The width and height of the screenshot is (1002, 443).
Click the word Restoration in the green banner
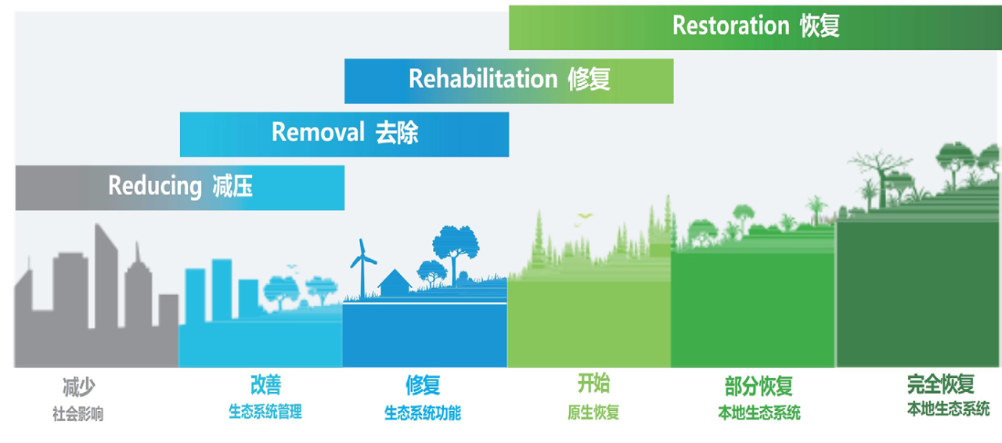[731, 26]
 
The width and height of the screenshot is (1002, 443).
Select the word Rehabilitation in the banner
[483, 79]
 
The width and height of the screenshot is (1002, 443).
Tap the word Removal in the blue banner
[318, 132]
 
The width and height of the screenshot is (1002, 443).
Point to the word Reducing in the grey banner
[155, 186]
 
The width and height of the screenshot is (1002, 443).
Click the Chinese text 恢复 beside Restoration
[820, 26]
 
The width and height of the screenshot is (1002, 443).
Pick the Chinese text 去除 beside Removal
[397, 133]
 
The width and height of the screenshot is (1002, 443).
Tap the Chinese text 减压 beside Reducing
[232, 186]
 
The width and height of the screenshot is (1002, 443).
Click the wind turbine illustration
[362, 268]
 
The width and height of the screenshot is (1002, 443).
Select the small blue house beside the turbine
[395, 283]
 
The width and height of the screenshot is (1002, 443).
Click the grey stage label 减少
[79, 387]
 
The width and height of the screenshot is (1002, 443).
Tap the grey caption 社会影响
[77, 414]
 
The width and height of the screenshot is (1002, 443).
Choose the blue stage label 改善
[265, 385]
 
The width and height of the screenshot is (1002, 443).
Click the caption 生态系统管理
[265, 412]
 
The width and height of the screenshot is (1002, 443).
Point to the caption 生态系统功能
[423, 413]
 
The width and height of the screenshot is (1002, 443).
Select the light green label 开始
[593, 384]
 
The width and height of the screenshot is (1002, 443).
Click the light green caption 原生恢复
[593, 412]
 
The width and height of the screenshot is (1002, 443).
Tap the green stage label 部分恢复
[759, 387]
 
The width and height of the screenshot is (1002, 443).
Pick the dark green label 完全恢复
[941, 384]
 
